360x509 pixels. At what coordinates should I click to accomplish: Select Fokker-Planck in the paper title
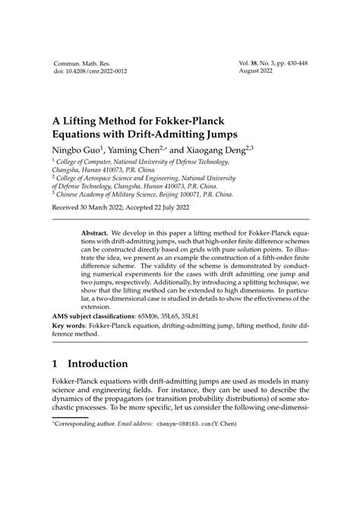pos(201,122)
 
